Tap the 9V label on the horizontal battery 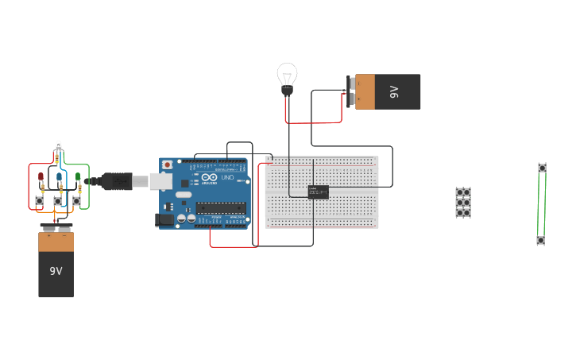point(394,92)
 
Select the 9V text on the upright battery point(56,271)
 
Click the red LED point(41,177)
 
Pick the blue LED point(60,177)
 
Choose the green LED point(78,177)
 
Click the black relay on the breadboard point(318,192)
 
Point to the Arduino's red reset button point(167,165)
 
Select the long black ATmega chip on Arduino point(221,208)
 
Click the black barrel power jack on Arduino point(164,219)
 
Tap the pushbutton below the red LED point(39,201)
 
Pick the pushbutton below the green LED point(76,201)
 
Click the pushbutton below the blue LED point(57,201)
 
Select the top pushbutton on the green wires point(542,168)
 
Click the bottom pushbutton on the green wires point(540,240)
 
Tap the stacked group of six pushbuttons point(462,203)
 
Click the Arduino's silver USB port point(161,182)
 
